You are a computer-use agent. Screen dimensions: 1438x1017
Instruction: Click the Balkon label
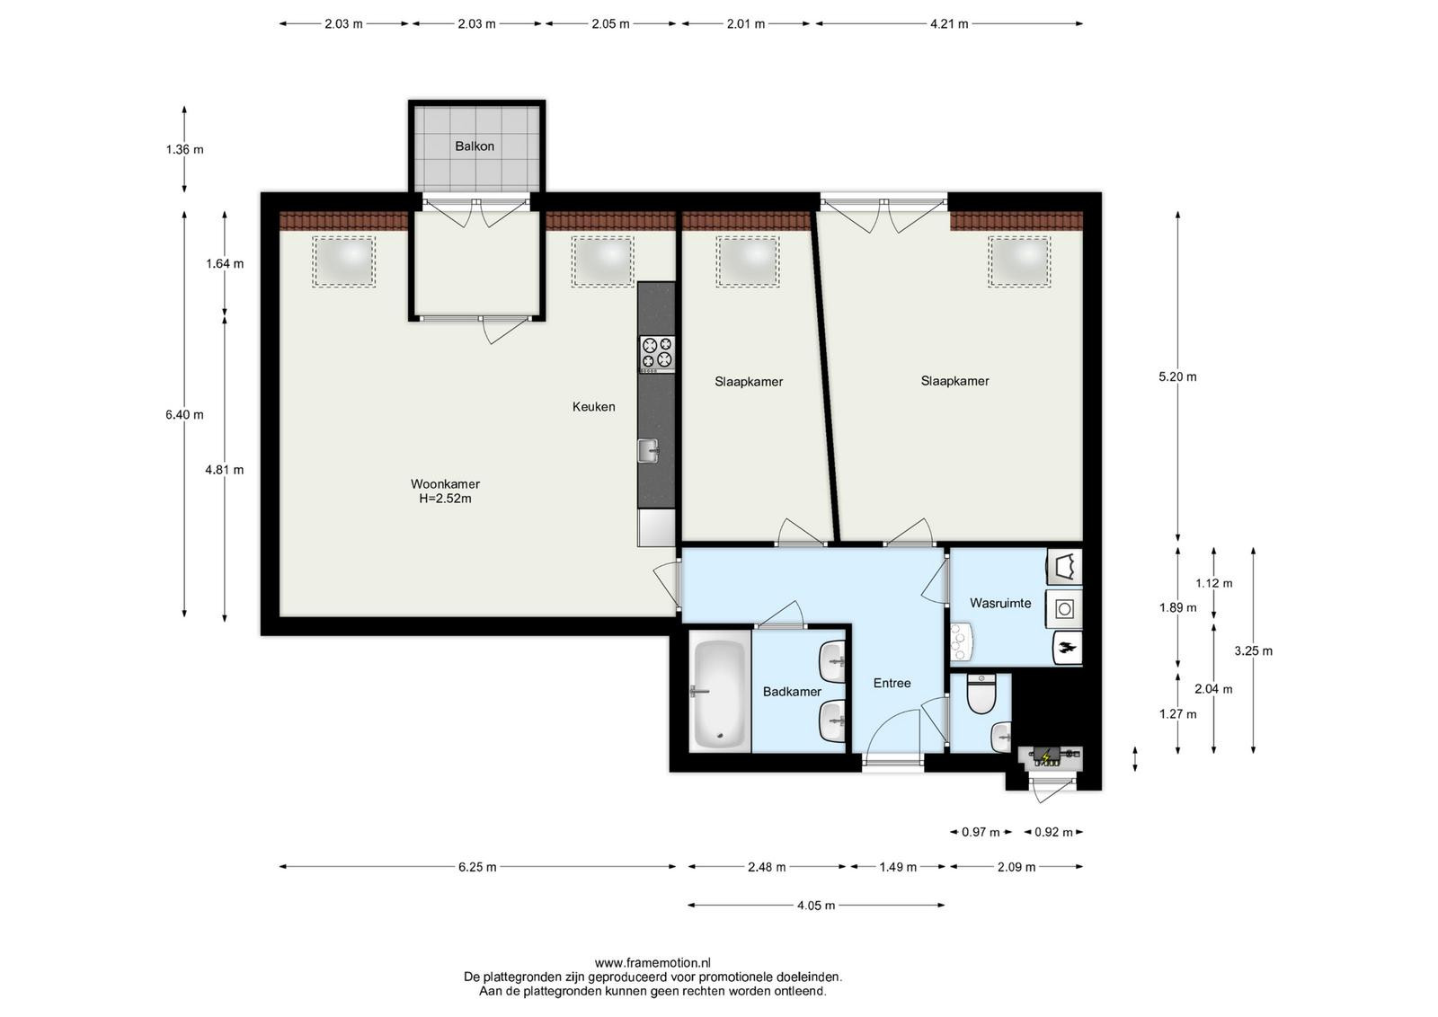point(475,146)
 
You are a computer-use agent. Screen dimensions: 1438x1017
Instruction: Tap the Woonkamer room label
point(445,484)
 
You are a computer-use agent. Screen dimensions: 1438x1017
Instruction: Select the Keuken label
point(594,406)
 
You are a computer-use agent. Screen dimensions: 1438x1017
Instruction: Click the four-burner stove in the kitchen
point(657,354)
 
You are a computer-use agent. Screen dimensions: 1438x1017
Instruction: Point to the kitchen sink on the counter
point(648,450)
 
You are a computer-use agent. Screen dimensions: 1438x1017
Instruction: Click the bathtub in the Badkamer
point(720,694)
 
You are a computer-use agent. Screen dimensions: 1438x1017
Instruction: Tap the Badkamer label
point(792,692)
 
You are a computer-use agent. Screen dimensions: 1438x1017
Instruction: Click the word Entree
point(892,684)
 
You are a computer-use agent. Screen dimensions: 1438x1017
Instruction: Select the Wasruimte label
point(1000,603)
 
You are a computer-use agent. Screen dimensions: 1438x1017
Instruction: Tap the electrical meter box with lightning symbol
point(1049,757)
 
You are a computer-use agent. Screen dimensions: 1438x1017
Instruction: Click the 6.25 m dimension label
point(477,867)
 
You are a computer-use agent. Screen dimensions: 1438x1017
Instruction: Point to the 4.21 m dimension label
point(949,24)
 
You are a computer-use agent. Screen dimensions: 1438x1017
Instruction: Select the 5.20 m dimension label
point(1177,376)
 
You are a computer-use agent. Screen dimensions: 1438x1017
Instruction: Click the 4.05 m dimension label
point(816,906)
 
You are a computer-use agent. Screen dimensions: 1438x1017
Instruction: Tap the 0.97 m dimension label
point(981,832)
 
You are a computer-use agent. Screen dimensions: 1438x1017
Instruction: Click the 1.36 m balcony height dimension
point(184,149)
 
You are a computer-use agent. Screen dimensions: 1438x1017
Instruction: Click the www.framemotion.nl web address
point(652,962)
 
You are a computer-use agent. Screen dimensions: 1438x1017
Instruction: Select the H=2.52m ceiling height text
point(445,499)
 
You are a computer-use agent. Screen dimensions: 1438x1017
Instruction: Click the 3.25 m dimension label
point(1253,650)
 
